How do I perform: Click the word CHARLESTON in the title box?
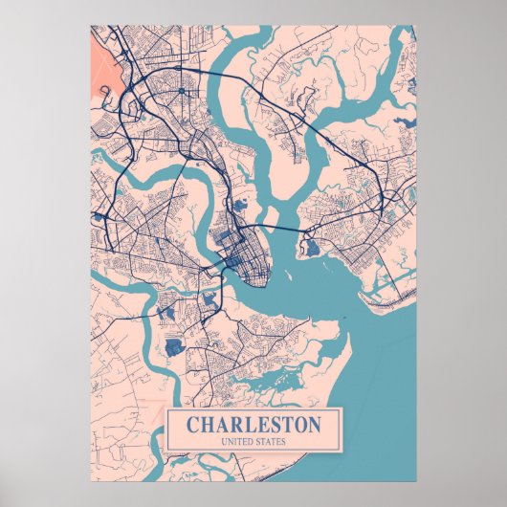pos(253,423)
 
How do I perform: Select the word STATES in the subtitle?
pos(273,441)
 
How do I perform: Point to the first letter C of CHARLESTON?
pos(191,423)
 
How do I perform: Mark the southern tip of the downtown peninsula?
pos(256,285)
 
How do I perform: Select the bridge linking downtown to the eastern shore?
pos(277,232)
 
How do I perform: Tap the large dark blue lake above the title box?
pos(173,346)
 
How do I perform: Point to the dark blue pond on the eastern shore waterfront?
pos(312,249)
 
